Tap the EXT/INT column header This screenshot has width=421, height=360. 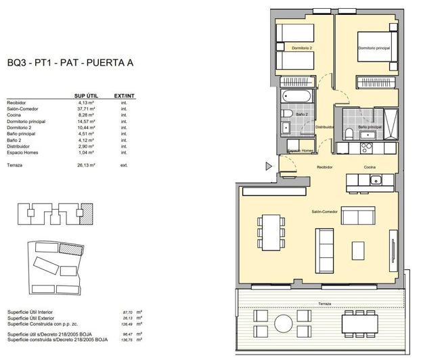click(124, 97)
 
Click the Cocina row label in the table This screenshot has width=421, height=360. click(14, 115)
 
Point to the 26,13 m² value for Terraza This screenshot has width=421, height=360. click(85, 165)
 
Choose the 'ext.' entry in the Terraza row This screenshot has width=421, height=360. click(124, 165)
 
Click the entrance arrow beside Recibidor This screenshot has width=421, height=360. click(269, 165)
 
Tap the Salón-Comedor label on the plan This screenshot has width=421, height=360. click(325, 211)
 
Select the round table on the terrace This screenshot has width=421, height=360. click(284, 322)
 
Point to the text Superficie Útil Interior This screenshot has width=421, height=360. click(30, 311)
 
